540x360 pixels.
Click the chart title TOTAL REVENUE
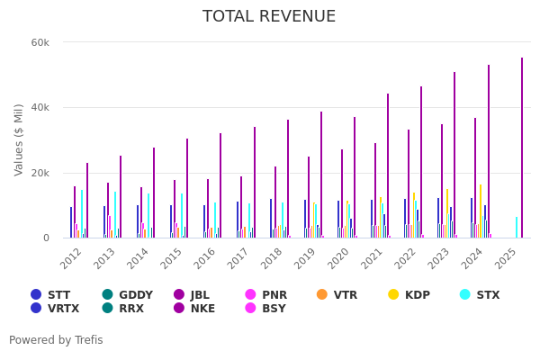point(269,17)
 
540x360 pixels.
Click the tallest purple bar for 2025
point(521,148)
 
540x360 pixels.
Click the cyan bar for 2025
point(517,227)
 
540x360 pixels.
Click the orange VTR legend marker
point(322,294)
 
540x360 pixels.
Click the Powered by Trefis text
point(56,340)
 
